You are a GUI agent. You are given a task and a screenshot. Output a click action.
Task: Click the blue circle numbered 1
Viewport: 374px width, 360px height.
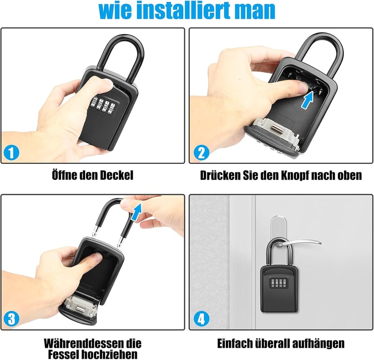(x=11, y=152)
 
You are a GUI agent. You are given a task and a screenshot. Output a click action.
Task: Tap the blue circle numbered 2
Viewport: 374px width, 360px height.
(x=201, y=153)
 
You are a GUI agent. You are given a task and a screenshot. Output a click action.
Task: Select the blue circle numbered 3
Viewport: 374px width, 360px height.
(x=11, y=318)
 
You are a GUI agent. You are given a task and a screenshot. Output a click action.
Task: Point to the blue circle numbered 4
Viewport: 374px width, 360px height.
(x=201, y=318)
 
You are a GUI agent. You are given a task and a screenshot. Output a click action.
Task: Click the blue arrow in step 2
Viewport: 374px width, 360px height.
(x=307, y=101)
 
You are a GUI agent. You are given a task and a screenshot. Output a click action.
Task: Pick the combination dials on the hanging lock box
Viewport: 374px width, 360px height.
(x=278, y=283)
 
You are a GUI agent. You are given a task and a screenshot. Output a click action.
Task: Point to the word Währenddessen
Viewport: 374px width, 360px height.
(x=93, y=344)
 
